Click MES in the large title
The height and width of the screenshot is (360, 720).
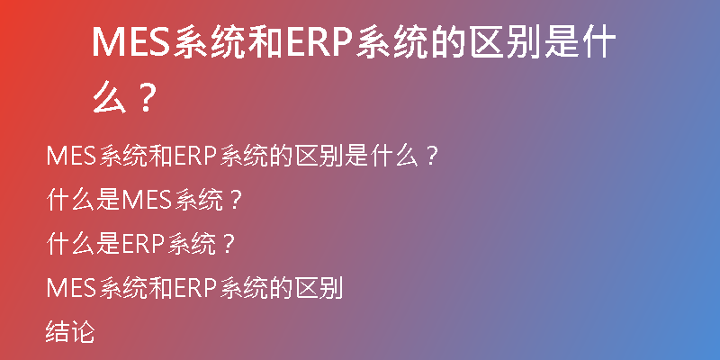(x=131, y=41)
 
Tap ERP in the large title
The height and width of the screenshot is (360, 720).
(x=319, y=41)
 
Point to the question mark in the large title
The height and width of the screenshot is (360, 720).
(x=146, y=97)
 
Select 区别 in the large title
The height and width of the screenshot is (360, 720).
(x=505, y=41)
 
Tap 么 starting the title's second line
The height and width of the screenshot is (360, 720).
(x=110, y=97)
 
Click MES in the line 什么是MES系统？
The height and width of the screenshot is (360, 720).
(x=146, y=201)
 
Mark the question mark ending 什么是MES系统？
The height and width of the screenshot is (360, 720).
(x=235, y=201)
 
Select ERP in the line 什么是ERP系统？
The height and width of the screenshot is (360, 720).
(x=143, y=244)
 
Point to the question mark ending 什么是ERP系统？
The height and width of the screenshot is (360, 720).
(x=229, y=245)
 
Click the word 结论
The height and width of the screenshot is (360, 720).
(x=70, y=331)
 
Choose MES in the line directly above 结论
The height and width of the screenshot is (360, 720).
(x=71, y=288)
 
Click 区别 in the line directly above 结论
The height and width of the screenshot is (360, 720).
(x=319, y=288)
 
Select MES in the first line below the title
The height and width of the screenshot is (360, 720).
(x=71, y=157)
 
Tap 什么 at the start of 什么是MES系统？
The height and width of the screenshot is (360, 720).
(x=70, y=201)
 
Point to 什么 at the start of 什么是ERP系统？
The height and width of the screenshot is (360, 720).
(x=70, y=244)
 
